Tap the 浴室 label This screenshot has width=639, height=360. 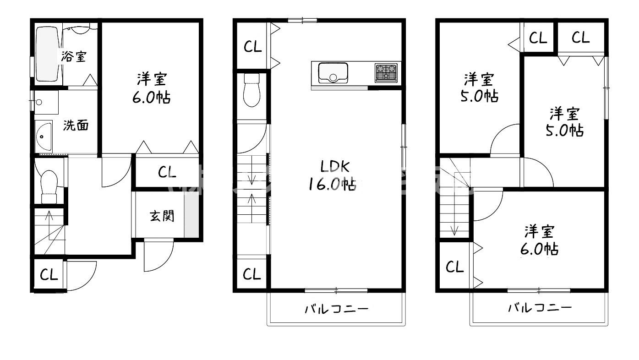tap(73, 56)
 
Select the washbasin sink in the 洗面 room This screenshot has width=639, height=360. tap(44, 136)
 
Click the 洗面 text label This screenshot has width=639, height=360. tap(76, 125)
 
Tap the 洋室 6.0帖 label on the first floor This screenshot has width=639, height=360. tap(151, 88)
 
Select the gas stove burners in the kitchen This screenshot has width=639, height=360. tap(386, 72)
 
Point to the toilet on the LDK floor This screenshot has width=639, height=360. tap(251, 90)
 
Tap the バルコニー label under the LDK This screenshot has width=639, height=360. tap(337, 309)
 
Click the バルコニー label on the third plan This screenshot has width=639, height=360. tap(540, 307)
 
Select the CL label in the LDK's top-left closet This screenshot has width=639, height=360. tap(252, 47)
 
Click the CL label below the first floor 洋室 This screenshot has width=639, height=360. tap(167, 173)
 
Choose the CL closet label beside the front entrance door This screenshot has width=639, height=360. tap(49, 275)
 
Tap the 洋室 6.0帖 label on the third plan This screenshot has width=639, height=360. tap(541, 240)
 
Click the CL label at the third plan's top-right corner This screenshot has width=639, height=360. tap(580, 38)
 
